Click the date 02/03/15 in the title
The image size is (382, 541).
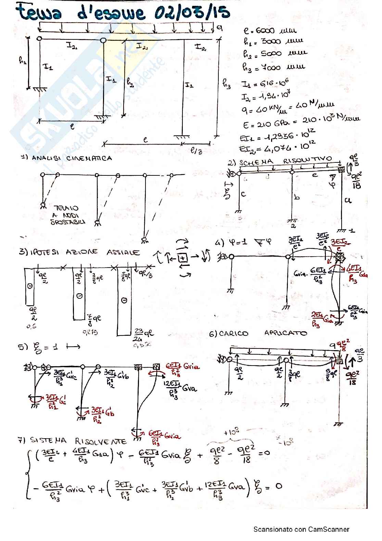[x=192, y=13]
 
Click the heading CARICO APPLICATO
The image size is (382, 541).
[x=258, y=333]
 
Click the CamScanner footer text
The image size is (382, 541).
[x=301, y=529]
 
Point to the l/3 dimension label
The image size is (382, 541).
[x=196, y=151]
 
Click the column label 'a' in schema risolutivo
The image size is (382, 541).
[x=348, y=200]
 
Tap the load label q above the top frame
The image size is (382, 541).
[x=219, y=28]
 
